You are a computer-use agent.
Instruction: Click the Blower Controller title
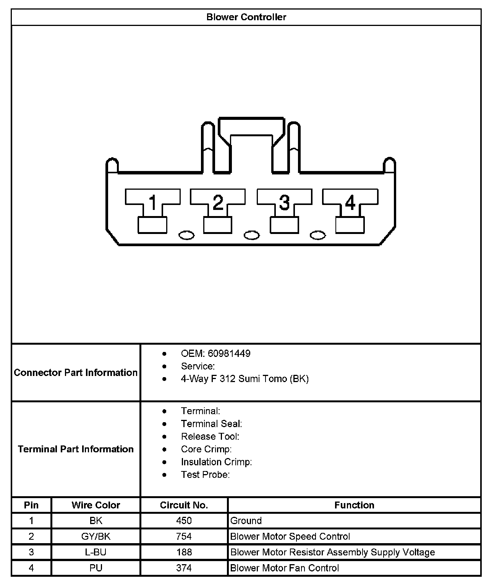pyautogui.click(x=246, y=17)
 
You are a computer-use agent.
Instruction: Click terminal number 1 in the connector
pyautogui.click(x=152, y=202)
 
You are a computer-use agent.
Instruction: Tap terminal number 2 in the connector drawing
pyautogui.click(x=218, y=202)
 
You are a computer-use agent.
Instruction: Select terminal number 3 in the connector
pyautogui.click(x=284, y=202)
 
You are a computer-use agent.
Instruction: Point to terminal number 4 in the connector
pyautogui.click(x=350, y=202)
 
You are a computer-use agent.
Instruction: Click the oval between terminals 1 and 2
pyautogui.click(x=186, y=236)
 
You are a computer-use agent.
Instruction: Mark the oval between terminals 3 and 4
pyautogui.click(x=317, y=236)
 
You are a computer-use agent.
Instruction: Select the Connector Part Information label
pyautogui.click(x=76, y=373)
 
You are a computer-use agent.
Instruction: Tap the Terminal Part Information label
pyautogui.click(x=76, y=449)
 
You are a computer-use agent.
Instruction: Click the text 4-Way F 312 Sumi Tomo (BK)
pyautogui.click(x=244, y=379)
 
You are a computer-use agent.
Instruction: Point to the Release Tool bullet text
pyautogui.click(x=210, y=436)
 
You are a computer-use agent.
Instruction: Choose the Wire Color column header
pyautogui.click(x=96, y=505)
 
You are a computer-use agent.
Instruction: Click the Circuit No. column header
pyautogui.click(x=184, y=505)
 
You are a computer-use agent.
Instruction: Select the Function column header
pyautogui.click(x=354, y=505)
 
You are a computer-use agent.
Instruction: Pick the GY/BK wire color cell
pyautogui.click(x=96, y=536)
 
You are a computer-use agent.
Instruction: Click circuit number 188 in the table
pyautogui.click(x=184, y=552)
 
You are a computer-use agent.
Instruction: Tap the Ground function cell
pyautogui.click(x=246, y=521)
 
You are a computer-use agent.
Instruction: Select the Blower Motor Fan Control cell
pyautogui.click(x=284, y=568)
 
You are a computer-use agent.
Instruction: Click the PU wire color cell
pyautogui.click(x=96, y=568)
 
